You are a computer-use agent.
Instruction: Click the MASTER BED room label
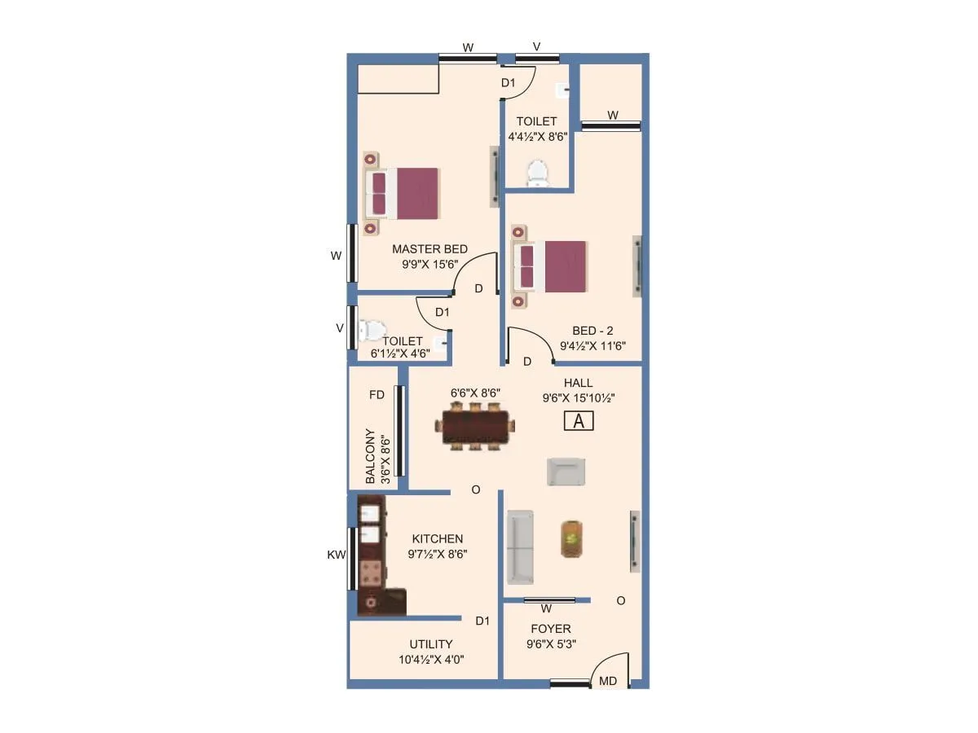click(430, 249)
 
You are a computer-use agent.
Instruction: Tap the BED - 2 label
click(593, 331)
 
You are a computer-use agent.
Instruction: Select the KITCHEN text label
click(437, 539)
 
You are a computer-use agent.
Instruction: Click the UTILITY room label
click(431, 644)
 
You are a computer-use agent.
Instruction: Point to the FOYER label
click(551, 629)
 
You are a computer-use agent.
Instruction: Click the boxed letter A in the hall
click(579, 421)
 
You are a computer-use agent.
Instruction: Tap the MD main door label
click(608, 681)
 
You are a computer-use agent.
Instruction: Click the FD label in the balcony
click(377, 395)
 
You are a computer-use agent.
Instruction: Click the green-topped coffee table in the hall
click(571, 538)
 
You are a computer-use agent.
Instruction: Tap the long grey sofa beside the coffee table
click(520, 547)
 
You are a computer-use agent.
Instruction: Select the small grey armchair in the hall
click(566, 472)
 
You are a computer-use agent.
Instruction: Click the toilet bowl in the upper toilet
click(537, 173)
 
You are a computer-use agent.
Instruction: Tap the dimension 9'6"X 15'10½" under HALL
click(578, 398)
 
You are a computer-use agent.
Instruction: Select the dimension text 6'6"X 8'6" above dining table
click(475, 393)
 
